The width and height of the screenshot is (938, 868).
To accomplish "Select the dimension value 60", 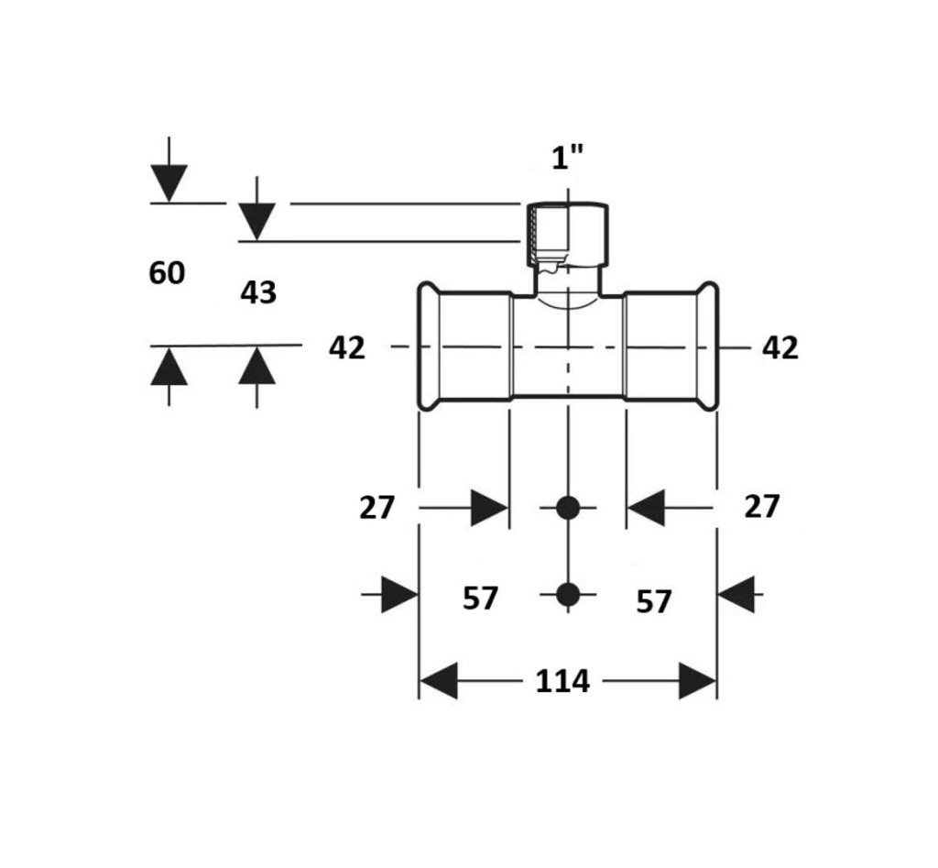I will coord(167,273).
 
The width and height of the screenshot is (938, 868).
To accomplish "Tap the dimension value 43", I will coord(258,293).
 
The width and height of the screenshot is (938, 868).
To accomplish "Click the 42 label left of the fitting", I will coord(347,348).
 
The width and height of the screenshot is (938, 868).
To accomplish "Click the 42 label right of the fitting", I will coord(780,348).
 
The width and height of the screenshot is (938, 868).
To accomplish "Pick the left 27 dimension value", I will coord(376,508).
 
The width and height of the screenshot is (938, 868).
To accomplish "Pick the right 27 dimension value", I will coord(761,506).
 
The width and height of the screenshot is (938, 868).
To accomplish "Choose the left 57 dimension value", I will coord(480,599).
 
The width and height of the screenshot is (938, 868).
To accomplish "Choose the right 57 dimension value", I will coord(654,602).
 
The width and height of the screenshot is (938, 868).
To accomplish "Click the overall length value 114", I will coord(562,682).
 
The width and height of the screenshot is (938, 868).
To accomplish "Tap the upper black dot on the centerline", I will coord(568,507).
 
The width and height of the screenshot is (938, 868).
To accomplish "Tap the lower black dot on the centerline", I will coord(568,595).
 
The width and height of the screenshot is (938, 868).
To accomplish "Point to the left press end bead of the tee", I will coord(427,346).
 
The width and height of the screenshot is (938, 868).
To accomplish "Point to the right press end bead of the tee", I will coord(708,346).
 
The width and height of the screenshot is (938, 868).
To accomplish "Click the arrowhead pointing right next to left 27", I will coord(489,508).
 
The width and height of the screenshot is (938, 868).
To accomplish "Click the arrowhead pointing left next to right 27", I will coord(646,507).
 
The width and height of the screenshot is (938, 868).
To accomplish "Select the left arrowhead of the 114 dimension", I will coord(438,682).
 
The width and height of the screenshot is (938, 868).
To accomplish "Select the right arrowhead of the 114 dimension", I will coord(697,682).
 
